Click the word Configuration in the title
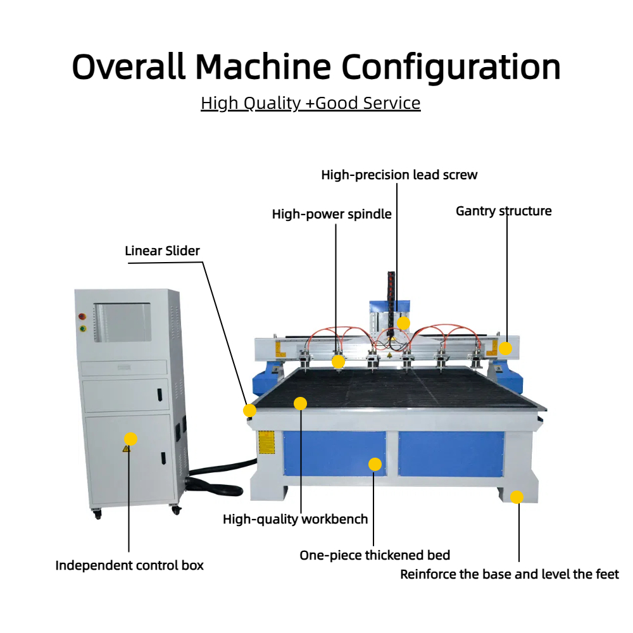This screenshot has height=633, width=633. click(x=451, y=68)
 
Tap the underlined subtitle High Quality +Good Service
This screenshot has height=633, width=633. click(x=310, y=103)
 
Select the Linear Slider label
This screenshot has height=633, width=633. click(x=162, y=251)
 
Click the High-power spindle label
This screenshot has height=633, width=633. click(x=332, y=214)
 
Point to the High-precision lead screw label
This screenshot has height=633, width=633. click(x=399, y=175)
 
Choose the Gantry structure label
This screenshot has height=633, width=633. click(x=503, y=211)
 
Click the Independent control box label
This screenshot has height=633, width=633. click(x=129, y=565)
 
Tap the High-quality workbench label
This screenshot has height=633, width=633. click(x=295, y=519)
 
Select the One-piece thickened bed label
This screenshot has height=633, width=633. click(x=375, y=555)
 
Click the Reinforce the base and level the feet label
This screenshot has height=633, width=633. click(x=509, y=574)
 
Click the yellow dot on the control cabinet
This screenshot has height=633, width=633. click(x=130, y=439)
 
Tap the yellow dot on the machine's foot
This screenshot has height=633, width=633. click(x=517, y=497)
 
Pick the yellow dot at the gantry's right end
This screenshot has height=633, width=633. click(x=505, y=348)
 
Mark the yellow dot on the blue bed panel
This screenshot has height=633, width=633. click(x=375, y=464)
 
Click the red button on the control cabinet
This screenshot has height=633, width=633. click(x=82, y=316)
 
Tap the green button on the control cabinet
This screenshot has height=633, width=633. click(x=83, y=329)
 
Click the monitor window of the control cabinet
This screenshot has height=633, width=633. click(x=122, y=323)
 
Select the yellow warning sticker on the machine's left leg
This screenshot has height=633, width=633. click(x=266, y=442)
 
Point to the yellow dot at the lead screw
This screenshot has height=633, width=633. click(x=403, y=323)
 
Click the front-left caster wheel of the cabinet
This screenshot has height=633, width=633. click(x=97, y=514)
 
